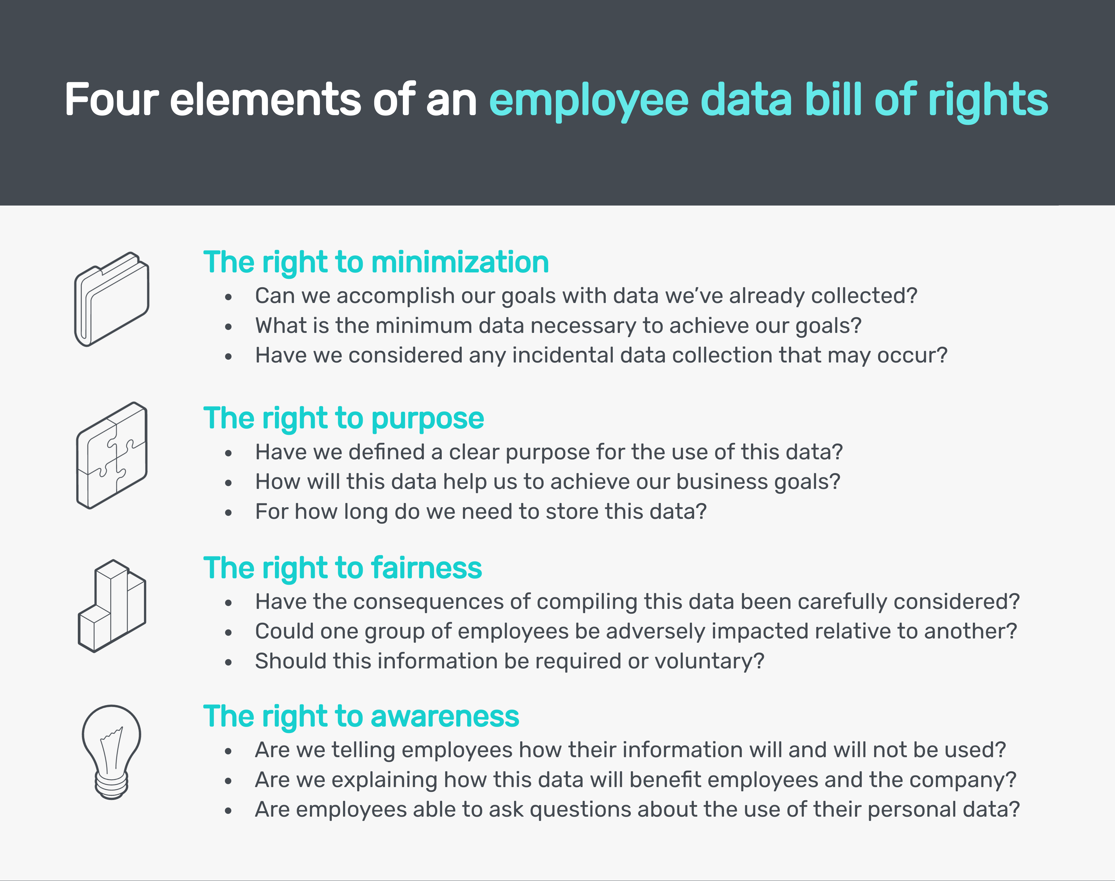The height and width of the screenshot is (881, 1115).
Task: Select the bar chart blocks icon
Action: click(x=112, y=606)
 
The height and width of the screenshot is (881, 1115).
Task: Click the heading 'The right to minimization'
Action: click(x=376, y=262)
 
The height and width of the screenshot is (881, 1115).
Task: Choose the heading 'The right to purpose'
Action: click(x=343, y=419)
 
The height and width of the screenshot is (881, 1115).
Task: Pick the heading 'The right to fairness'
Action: click(x=342, y=568)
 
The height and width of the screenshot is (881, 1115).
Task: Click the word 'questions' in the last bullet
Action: click(x=580, y=810)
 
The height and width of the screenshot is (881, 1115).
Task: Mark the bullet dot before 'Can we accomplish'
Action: click(x=228, y=297)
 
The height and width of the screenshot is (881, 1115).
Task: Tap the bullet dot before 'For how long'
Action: click(x=228, y=513)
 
